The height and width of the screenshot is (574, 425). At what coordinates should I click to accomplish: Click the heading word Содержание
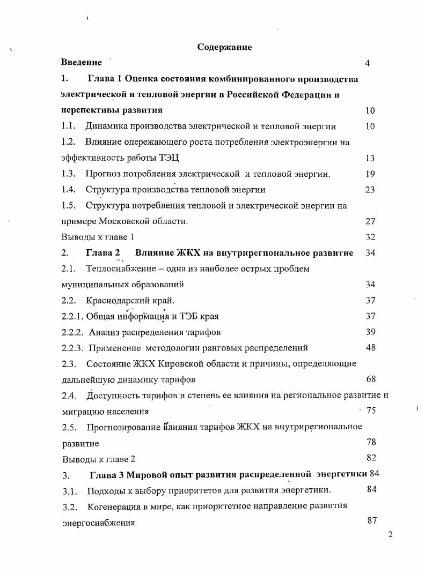224,47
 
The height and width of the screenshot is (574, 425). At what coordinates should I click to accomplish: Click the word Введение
81,63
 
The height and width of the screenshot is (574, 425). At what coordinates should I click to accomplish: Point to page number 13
370,158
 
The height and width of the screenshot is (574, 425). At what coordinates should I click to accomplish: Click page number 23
370,190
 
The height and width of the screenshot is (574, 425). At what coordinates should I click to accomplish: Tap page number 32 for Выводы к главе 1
370,237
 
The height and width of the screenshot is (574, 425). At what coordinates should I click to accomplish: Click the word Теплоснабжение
118,269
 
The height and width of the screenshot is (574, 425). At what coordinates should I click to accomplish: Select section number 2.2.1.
72,316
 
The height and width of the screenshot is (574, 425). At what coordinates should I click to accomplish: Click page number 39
370,332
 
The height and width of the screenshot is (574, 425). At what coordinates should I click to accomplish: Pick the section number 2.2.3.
72,348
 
